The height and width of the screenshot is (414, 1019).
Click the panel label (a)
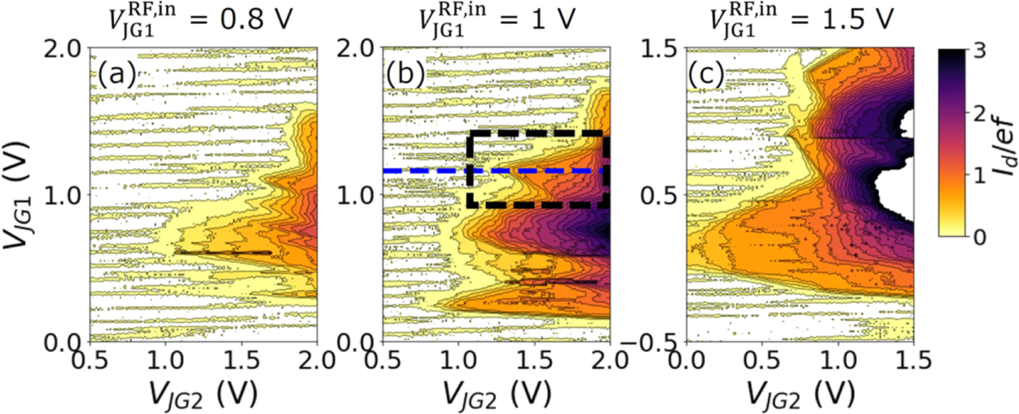[x=115, y=75]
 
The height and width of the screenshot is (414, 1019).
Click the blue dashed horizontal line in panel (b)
[x=424, y=171]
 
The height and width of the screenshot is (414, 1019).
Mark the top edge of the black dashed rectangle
[x=538, y=132]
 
